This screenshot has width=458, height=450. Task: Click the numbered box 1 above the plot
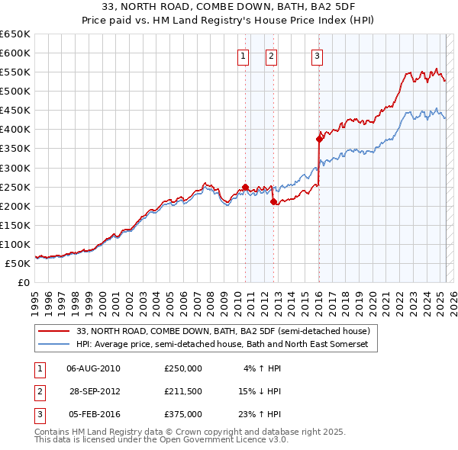pyautogui.click(x=243, y=55)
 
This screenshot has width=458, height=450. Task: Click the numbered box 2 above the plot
pyautogui.click(x=271, y=55)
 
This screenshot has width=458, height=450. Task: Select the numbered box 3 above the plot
pyautogui.click(x=317, y=55)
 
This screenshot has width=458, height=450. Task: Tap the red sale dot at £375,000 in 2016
pyautogui.click(x=320, y=139)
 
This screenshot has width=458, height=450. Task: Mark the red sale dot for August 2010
pyautogui.click(x=245, y=187)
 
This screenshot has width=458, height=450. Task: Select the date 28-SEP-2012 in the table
pyautogui.click(x=94, y=391)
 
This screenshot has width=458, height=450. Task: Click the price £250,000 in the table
pyautogui.click(x=183, y=368)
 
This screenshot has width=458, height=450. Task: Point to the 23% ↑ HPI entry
pyautogui.click(x=260, y=414)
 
